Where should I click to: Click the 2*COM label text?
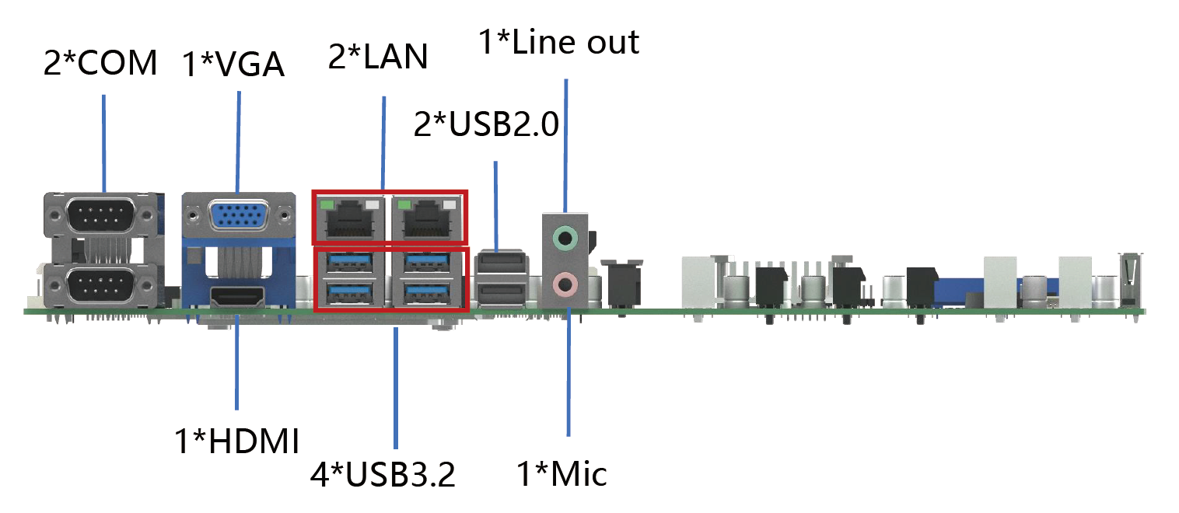pyautogui.click(x=100, y=63)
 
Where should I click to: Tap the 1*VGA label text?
pyautogui.click(x=233, y=65)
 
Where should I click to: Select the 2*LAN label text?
pyautogui.click(x=378, y=56)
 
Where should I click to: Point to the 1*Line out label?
pyautogui.click(x=559, y=41)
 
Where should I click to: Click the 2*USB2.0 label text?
pyautogui.click(x=486, y=124)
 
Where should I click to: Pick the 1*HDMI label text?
pyautogui.click(x=237, y=441)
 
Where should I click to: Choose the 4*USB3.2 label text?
pyautogui.click(x=383, y=474)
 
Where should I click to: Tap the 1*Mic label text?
pyautogui.click(x=562, y=473)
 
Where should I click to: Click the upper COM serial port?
pyautogui.click(x=101, y=215)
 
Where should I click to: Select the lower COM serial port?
pyautogui.click(x=101, y=286)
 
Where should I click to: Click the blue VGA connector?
pyautogui.click(x=239, y=216)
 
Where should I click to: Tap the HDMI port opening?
pyautogui.click(x=237, y=297)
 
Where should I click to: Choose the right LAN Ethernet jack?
pyautogui.click(x=427, y=218)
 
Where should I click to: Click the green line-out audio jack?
pyautogui.click(x=565, y=238)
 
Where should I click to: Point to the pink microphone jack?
pyautogui.click(x=565, y=284)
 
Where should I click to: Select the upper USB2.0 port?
pyautogui.click(x=502, y=262)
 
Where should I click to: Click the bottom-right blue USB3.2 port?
pyautogui.click(x=426, y=292)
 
